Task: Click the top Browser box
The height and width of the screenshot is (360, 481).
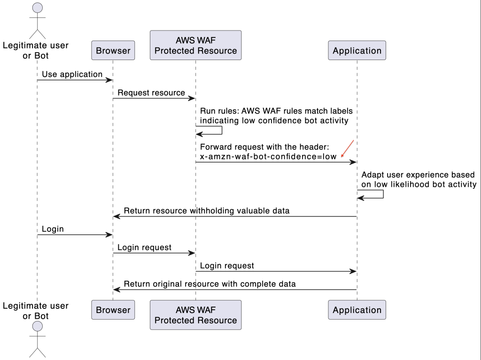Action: coord(113,51)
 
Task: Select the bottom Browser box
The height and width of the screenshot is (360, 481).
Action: coord(113,310)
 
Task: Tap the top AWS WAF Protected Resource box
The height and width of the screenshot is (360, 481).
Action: coord(195,46)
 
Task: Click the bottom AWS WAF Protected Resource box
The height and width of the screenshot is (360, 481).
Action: coord(195,315)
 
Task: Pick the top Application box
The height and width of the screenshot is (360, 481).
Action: coord(357,51)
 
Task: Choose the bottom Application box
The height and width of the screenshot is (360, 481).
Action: coord(357,310)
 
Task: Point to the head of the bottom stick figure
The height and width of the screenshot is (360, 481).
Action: coord(37,327)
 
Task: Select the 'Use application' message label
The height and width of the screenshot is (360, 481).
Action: coord(72,74)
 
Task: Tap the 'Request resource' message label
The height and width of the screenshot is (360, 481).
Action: coord(151,92)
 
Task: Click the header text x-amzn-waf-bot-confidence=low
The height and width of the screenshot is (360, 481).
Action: coord(268,157)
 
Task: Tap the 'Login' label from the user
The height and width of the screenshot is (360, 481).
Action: coord(53,229)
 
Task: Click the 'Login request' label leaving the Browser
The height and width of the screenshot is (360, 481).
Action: coord(144,247)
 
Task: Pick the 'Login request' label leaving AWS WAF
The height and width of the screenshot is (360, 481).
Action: coord(227,266)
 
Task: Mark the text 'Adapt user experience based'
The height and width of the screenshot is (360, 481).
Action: coord(418,175)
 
